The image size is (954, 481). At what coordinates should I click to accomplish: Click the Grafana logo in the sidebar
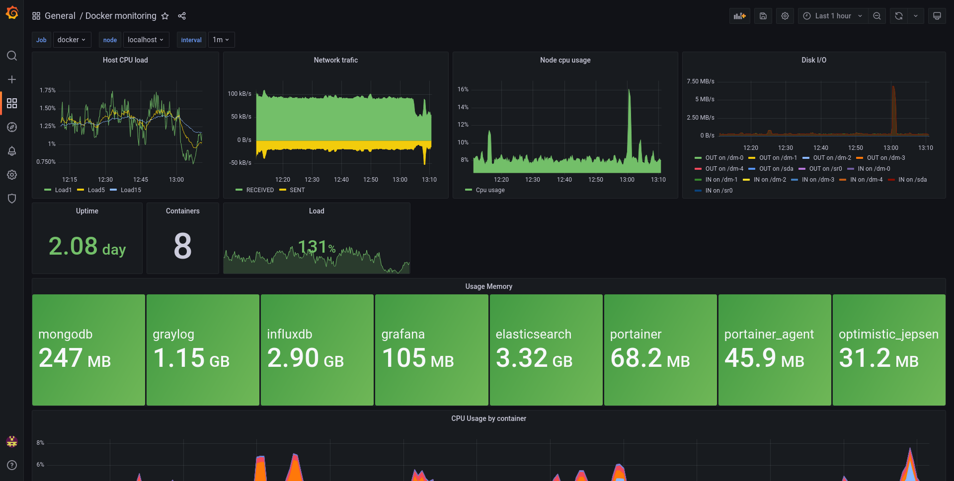pyautogui.click(x=12, y=13)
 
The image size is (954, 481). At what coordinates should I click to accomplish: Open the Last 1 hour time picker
pyautogui.click(x=833, y=16)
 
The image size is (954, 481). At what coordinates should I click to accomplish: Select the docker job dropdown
pyautogui.click(x=72, y=40)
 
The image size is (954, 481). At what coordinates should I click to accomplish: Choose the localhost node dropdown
pyautogui.click(x=146, y=40)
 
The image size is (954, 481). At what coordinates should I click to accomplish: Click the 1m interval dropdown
pyautogui.click(x=221, y=40)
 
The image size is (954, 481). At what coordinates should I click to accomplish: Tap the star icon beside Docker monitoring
pyautogui.click(x=165, y=16)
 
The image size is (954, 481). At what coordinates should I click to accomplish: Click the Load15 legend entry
pyautogui.click(x=130, y=190)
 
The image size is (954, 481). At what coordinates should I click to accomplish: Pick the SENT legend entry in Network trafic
pyautogui.click(x=297, y=190)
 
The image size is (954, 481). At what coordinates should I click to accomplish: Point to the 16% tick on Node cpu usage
pyautogui.click(x=463, y=89)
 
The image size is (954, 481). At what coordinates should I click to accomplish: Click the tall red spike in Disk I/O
pyautogui.click(x=893, y=109)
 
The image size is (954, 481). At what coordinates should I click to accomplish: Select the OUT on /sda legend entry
pyautogui.click(x=776, y=169)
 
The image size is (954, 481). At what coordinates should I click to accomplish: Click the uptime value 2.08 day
pyautogui.click(x=87, y=246)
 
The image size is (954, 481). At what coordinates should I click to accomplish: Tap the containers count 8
pyautogui.click(x=182, y=246)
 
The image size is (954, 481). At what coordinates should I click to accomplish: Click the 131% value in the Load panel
pyautogui.click(x=317, y=247)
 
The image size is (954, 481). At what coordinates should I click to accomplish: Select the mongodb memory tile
pyautogui.click(x=88, y=350)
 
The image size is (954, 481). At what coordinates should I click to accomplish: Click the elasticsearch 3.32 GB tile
pyautogui.click(x=546, y=350)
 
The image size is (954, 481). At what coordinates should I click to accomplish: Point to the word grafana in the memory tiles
pyautogui.click(x=403, y=334)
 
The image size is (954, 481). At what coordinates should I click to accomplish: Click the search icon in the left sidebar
pyautogui.click(x=12, y=56)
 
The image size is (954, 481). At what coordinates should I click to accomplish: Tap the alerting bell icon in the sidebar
pyautogui.click(x=12, y=151)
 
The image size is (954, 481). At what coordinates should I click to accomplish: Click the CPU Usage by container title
pyautogui.click(x=488, y=418)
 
